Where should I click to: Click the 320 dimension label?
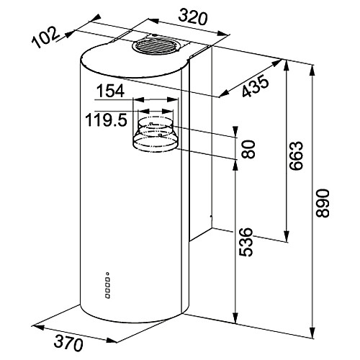(x=192, y=17)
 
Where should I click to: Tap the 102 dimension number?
(x=45, y=37)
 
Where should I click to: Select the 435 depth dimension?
(x=255, y=86)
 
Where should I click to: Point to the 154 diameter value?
(x=110, y=91)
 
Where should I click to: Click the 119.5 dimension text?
(x=107, y=120)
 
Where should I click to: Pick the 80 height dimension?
(x=248, y=149)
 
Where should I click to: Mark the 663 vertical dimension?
(x=296, y=156)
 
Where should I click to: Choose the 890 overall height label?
(x=322, y=204)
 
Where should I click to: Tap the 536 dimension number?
(x=246, y=242)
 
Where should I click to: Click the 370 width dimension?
(x=68, y=343)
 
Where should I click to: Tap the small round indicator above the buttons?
(x=108, y=273)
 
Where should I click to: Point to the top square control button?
(x=108, y=279)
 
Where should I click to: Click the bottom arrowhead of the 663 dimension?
(x=286, y=235)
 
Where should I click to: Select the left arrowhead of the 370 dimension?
(x=37, y=328)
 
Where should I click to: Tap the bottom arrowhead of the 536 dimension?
(x=235, y=318)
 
